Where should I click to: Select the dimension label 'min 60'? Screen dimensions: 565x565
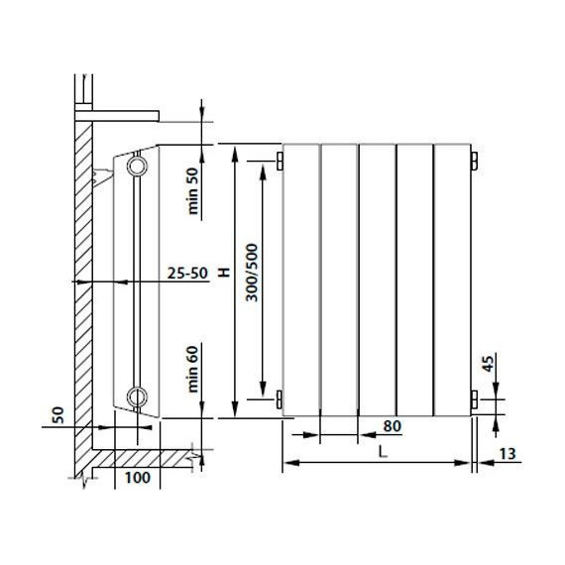click(x=193, y=366)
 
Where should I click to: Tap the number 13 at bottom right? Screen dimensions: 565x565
click(x=508, y=455)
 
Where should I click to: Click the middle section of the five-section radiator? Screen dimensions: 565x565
click(x=376, y=278)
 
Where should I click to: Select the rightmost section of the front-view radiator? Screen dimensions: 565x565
click(x=452, y=278)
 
